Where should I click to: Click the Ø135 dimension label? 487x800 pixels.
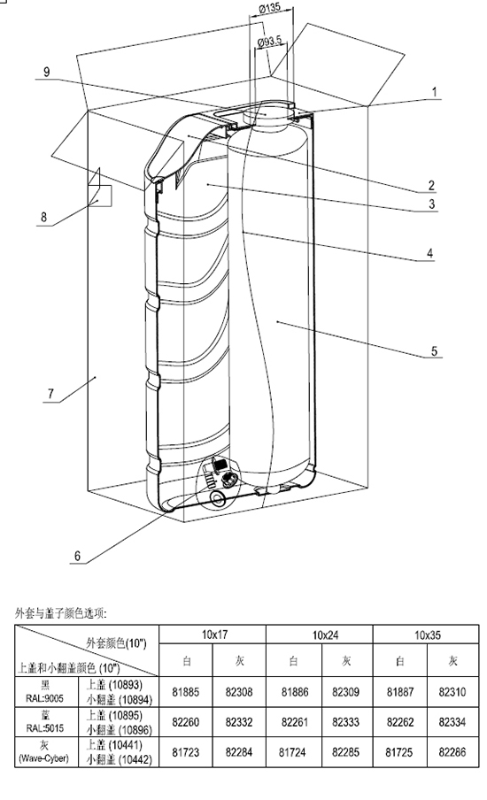click(x=269, y=8)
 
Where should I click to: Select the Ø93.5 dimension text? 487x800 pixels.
click(x=269, y=42)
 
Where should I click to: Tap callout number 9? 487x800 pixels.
click(x=46, y=72)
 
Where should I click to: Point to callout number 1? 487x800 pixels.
click(x=435, y=92)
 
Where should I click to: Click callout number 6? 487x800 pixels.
click(x=78, y=556)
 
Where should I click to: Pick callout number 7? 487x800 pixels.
click(x=50, y=394)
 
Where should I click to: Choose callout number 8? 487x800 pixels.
click(x=44, y=218)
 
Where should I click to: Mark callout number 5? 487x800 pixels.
click(x=435, y=351)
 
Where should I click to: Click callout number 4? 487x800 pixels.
click(x=430, y=253)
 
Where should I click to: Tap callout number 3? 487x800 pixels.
click(x=432, y=204)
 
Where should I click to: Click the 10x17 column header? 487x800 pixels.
click(x=214, y=635)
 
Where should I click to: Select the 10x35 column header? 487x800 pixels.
click(x=428, y=635)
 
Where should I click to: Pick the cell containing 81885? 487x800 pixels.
click(x=186, y=692)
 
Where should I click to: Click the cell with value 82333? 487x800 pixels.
click(x=345, y=722)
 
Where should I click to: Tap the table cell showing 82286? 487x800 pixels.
click(x=452, y=751)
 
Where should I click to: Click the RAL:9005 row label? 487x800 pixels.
click(x=45, y=698)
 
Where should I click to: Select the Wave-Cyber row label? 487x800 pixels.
click(x=44, y=758)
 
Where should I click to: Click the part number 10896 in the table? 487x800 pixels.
click(x=135, y=730)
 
